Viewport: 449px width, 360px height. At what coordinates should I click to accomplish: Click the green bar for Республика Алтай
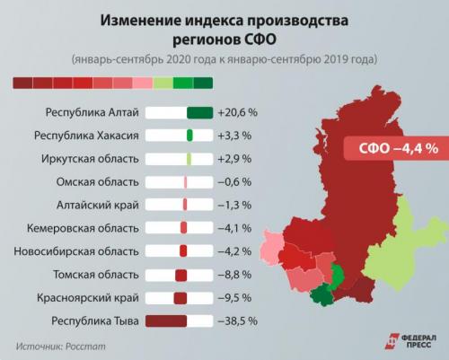pos(198,113)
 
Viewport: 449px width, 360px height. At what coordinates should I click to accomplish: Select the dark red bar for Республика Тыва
pos(165,320)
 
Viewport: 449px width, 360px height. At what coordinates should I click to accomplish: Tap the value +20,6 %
pos(238,113)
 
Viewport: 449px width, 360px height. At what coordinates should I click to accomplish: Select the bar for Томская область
pos(180,274)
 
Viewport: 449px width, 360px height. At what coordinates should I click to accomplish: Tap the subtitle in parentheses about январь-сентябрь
pos(224,60)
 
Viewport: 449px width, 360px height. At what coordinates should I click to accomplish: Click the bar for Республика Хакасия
pos(189,136)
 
